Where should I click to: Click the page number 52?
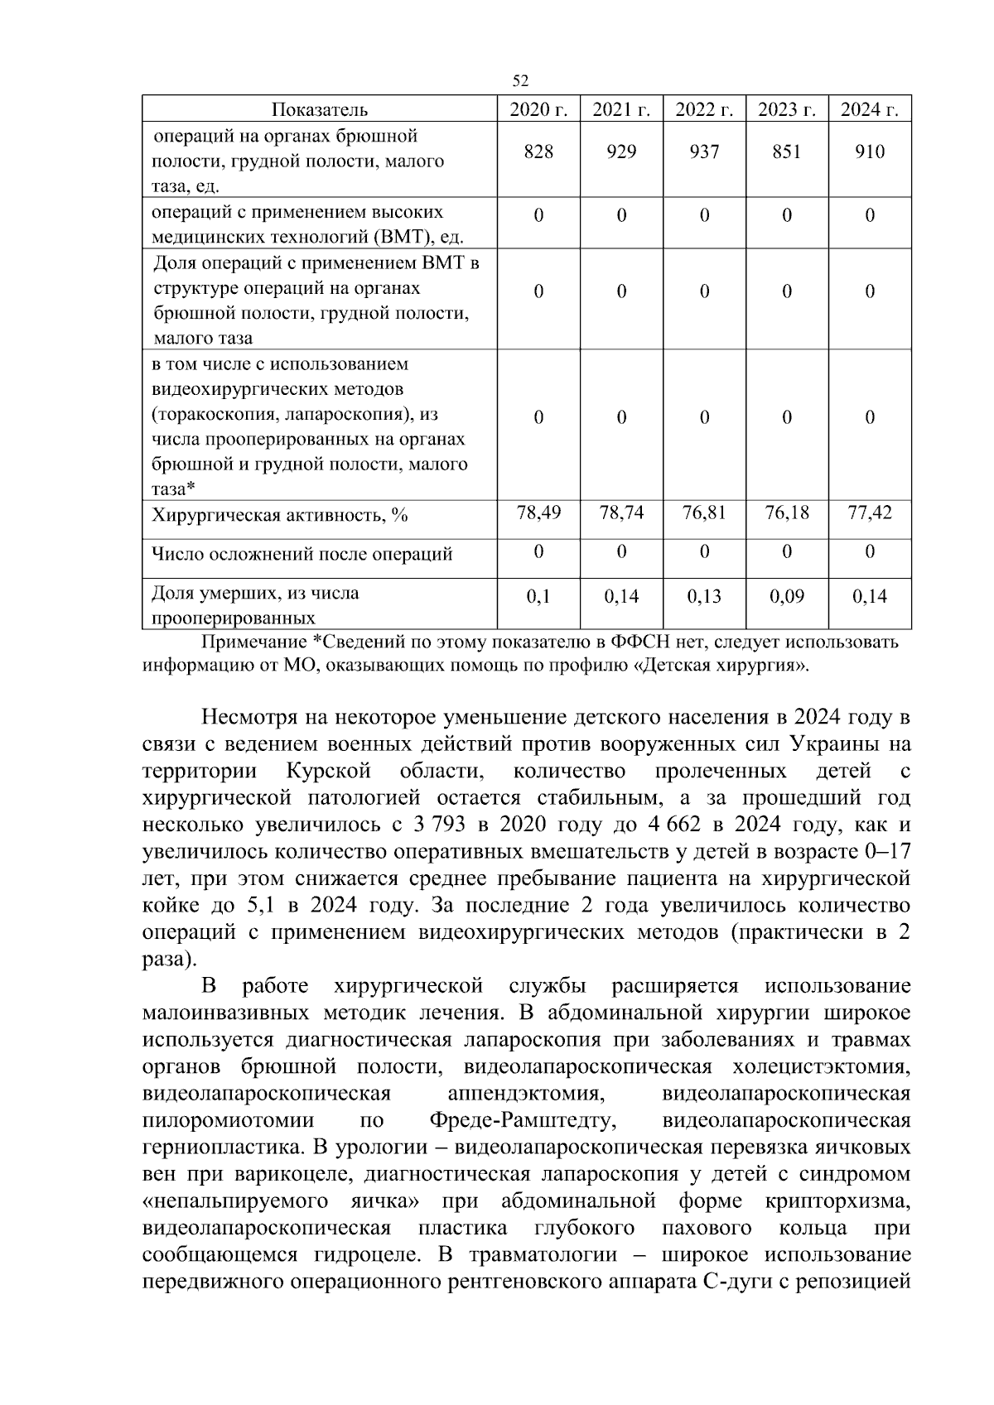click(x=520, y=80)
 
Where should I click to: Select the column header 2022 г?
click(x=704, y=109)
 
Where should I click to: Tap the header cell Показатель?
click(x=320, y=109)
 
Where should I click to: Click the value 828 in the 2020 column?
click(x=538, y=152)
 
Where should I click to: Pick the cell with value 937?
click(x=704, y=152)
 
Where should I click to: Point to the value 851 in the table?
click(x=786, y=152)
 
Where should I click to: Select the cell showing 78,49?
click(x=538, y=512)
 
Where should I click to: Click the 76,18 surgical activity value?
click(x=786, y=512)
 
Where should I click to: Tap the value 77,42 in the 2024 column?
click(x=870, y=512)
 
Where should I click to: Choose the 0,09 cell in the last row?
click(x=786, y=596)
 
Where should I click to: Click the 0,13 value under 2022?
click(x=704, y=596)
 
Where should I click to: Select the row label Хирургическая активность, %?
click(x=280, y=516)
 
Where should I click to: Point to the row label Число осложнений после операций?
click(x=302, y=554)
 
